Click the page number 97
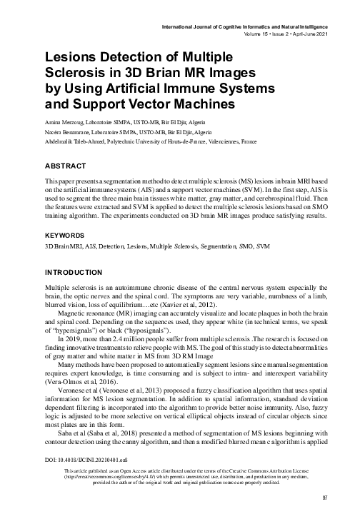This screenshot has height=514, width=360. click(324, 498)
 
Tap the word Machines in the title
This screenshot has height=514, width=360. click(198, 104)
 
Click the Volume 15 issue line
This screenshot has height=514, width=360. click(285, 35)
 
